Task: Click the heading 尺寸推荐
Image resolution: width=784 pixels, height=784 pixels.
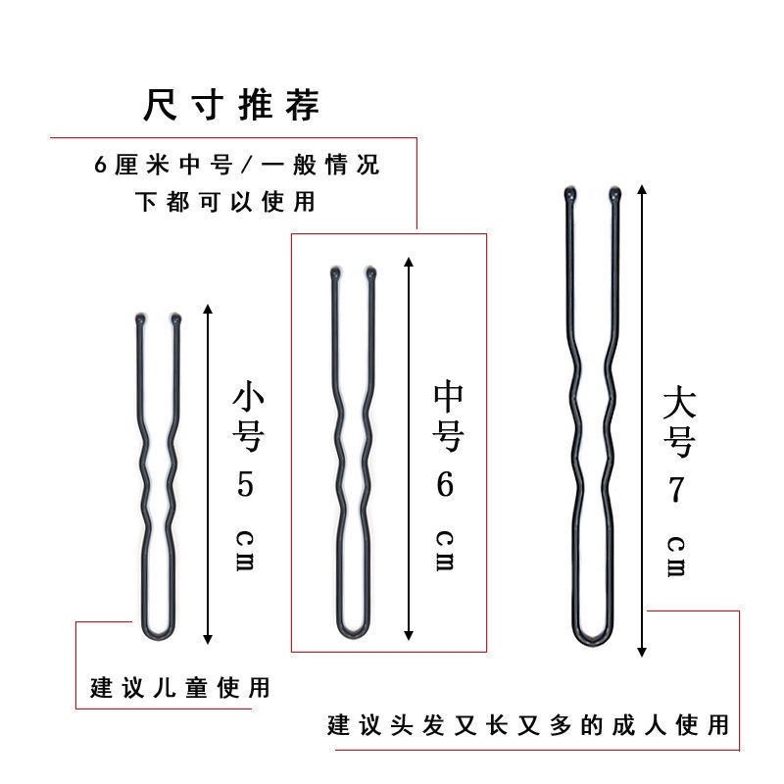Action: (231, 105)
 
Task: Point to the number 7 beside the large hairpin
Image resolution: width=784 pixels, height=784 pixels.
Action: (674, 490)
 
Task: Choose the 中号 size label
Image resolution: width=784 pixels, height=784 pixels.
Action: (447, 417)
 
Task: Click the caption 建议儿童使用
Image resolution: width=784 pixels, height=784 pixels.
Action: (179, 687)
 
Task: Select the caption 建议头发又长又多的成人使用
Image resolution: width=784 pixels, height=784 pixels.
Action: (529, 725)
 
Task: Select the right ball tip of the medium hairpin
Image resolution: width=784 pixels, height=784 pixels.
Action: (371, 273)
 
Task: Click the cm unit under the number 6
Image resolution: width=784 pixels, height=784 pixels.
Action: (445, 551)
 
